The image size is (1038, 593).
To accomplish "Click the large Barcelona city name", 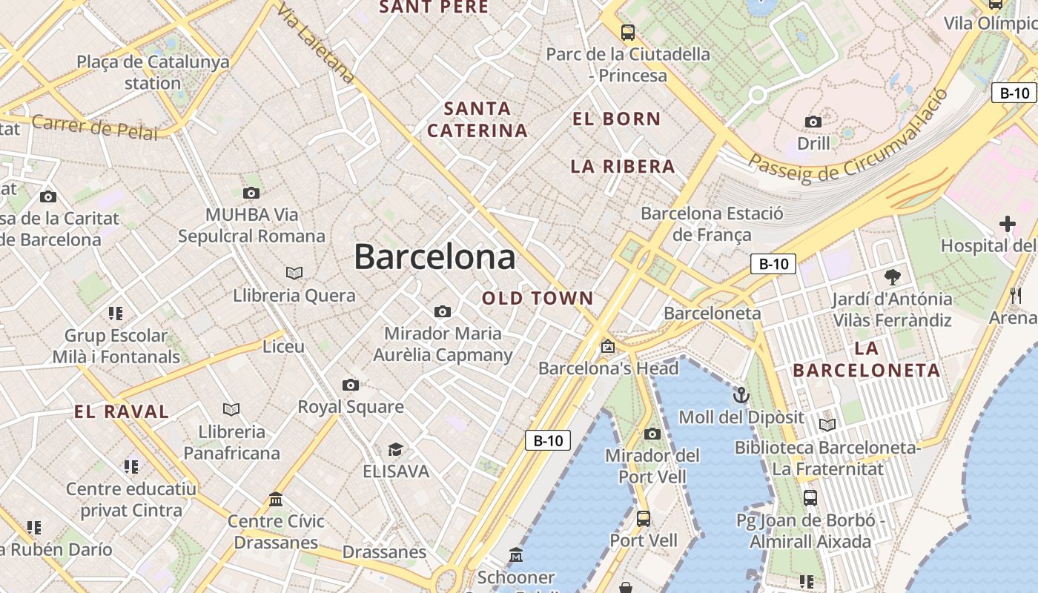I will [x=434, y=257].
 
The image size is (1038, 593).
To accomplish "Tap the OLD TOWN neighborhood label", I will [x=538, y=299].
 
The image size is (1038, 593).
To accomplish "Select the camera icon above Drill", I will [x=813, y=122].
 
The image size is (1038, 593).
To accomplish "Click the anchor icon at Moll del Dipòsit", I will [x=741, y=394].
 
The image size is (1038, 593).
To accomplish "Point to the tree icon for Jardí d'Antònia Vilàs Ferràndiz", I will [x=893, y=277].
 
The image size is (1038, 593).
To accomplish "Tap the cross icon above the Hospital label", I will [x=1007, y=223].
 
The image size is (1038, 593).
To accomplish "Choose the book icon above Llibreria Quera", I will [x=294, y=273].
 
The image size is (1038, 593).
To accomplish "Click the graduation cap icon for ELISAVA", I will [x=395, y=449].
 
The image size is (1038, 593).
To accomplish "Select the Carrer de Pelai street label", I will [x=95, y=127].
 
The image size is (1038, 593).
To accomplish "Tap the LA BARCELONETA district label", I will [x=866, y=360].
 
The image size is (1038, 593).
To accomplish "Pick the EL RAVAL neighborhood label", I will [x=122, y=412].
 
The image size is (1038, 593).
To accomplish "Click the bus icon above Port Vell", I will [x=644, y=518].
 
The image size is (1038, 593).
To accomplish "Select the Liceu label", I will [x=283, y=346].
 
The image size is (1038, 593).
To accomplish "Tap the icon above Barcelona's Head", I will [x=608, y=345].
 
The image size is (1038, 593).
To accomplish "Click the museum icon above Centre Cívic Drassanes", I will [x=276, y=499].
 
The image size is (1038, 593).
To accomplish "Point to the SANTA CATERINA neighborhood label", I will [x=477, y=119].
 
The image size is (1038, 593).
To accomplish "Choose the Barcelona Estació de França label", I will [x=712, y=224].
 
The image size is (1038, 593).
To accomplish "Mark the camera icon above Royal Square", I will [x=351, y=385].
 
